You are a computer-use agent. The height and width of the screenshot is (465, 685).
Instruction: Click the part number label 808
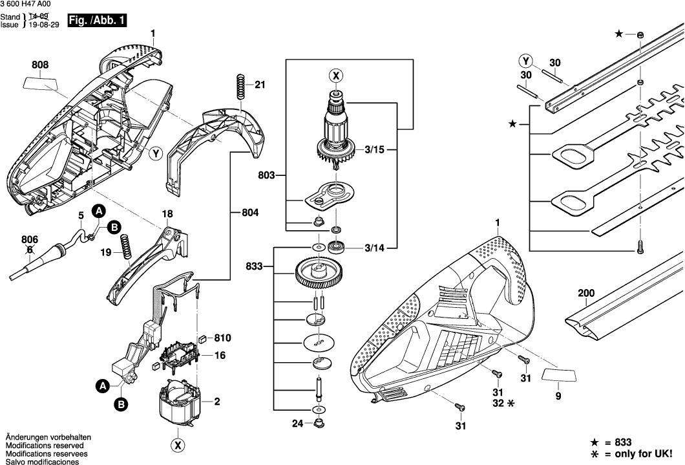click(x=40, y=65)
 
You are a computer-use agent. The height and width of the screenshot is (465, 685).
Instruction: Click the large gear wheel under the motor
click(x=321, y=276)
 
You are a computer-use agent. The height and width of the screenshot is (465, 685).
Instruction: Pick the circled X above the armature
click(x=336, y=76)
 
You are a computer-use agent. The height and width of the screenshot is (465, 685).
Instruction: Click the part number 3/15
click(x=373, y=150)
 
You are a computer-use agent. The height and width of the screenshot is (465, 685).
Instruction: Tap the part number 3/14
click(x=373, y=246)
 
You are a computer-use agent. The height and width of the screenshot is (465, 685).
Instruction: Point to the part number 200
click(x=585, y=294)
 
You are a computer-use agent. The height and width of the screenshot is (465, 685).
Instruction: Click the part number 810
click(x=222, y=338)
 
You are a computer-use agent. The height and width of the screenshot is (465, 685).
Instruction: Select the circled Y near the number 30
click(x=527, y=62)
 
